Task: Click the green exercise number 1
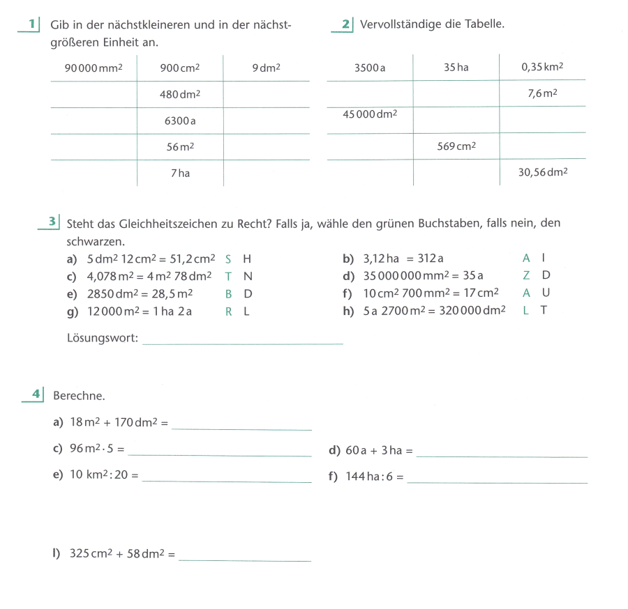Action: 31,24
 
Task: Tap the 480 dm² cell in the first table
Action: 179,94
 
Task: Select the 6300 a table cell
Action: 179,121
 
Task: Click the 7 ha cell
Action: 179,173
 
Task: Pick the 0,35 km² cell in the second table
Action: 542,68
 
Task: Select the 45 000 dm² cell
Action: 370,114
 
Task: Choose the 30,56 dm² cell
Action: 542,171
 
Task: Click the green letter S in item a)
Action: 228,259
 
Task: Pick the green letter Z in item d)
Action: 526,275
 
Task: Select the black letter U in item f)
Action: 545,293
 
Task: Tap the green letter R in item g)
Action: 228,311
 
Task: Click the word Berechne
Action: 79,396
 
